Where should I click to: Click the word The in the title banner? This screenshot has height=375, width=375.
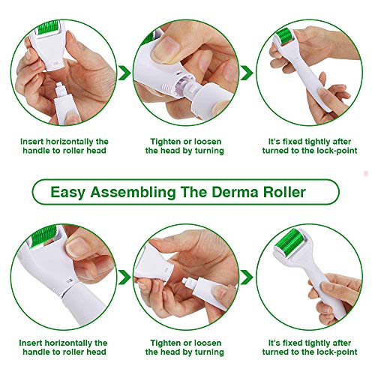click(x=201, y=193)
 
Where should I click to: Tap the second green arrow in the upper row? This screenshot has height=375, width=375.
click(x=249, y=72)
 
